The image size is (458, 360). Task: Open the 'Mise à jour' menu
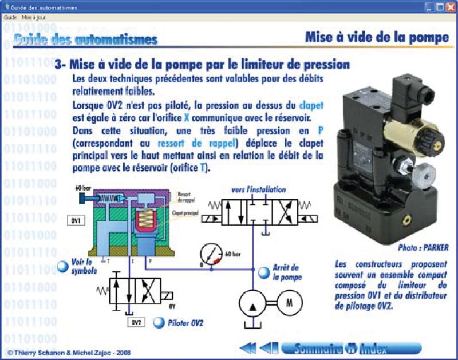tap(34, 18)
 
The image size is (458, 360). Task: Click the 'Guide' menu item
tap(10, 18)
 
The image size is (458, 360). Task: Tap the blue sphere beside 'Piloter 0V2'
tap(159, 323)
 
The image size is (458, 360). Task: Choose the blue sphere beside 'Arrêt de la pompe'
tap(263, 272)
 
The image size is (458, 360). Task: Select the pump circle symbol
tap(251, 302)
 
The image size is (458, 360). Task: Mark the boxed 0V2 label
tap(137, 322)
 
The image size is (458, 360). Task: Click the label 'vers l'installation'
tap(258, 189)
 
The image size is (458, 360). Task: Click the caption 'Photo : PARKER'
tap(423, 247)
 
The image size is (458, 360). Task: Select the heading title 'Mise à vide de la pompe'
tap(377, 38)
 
